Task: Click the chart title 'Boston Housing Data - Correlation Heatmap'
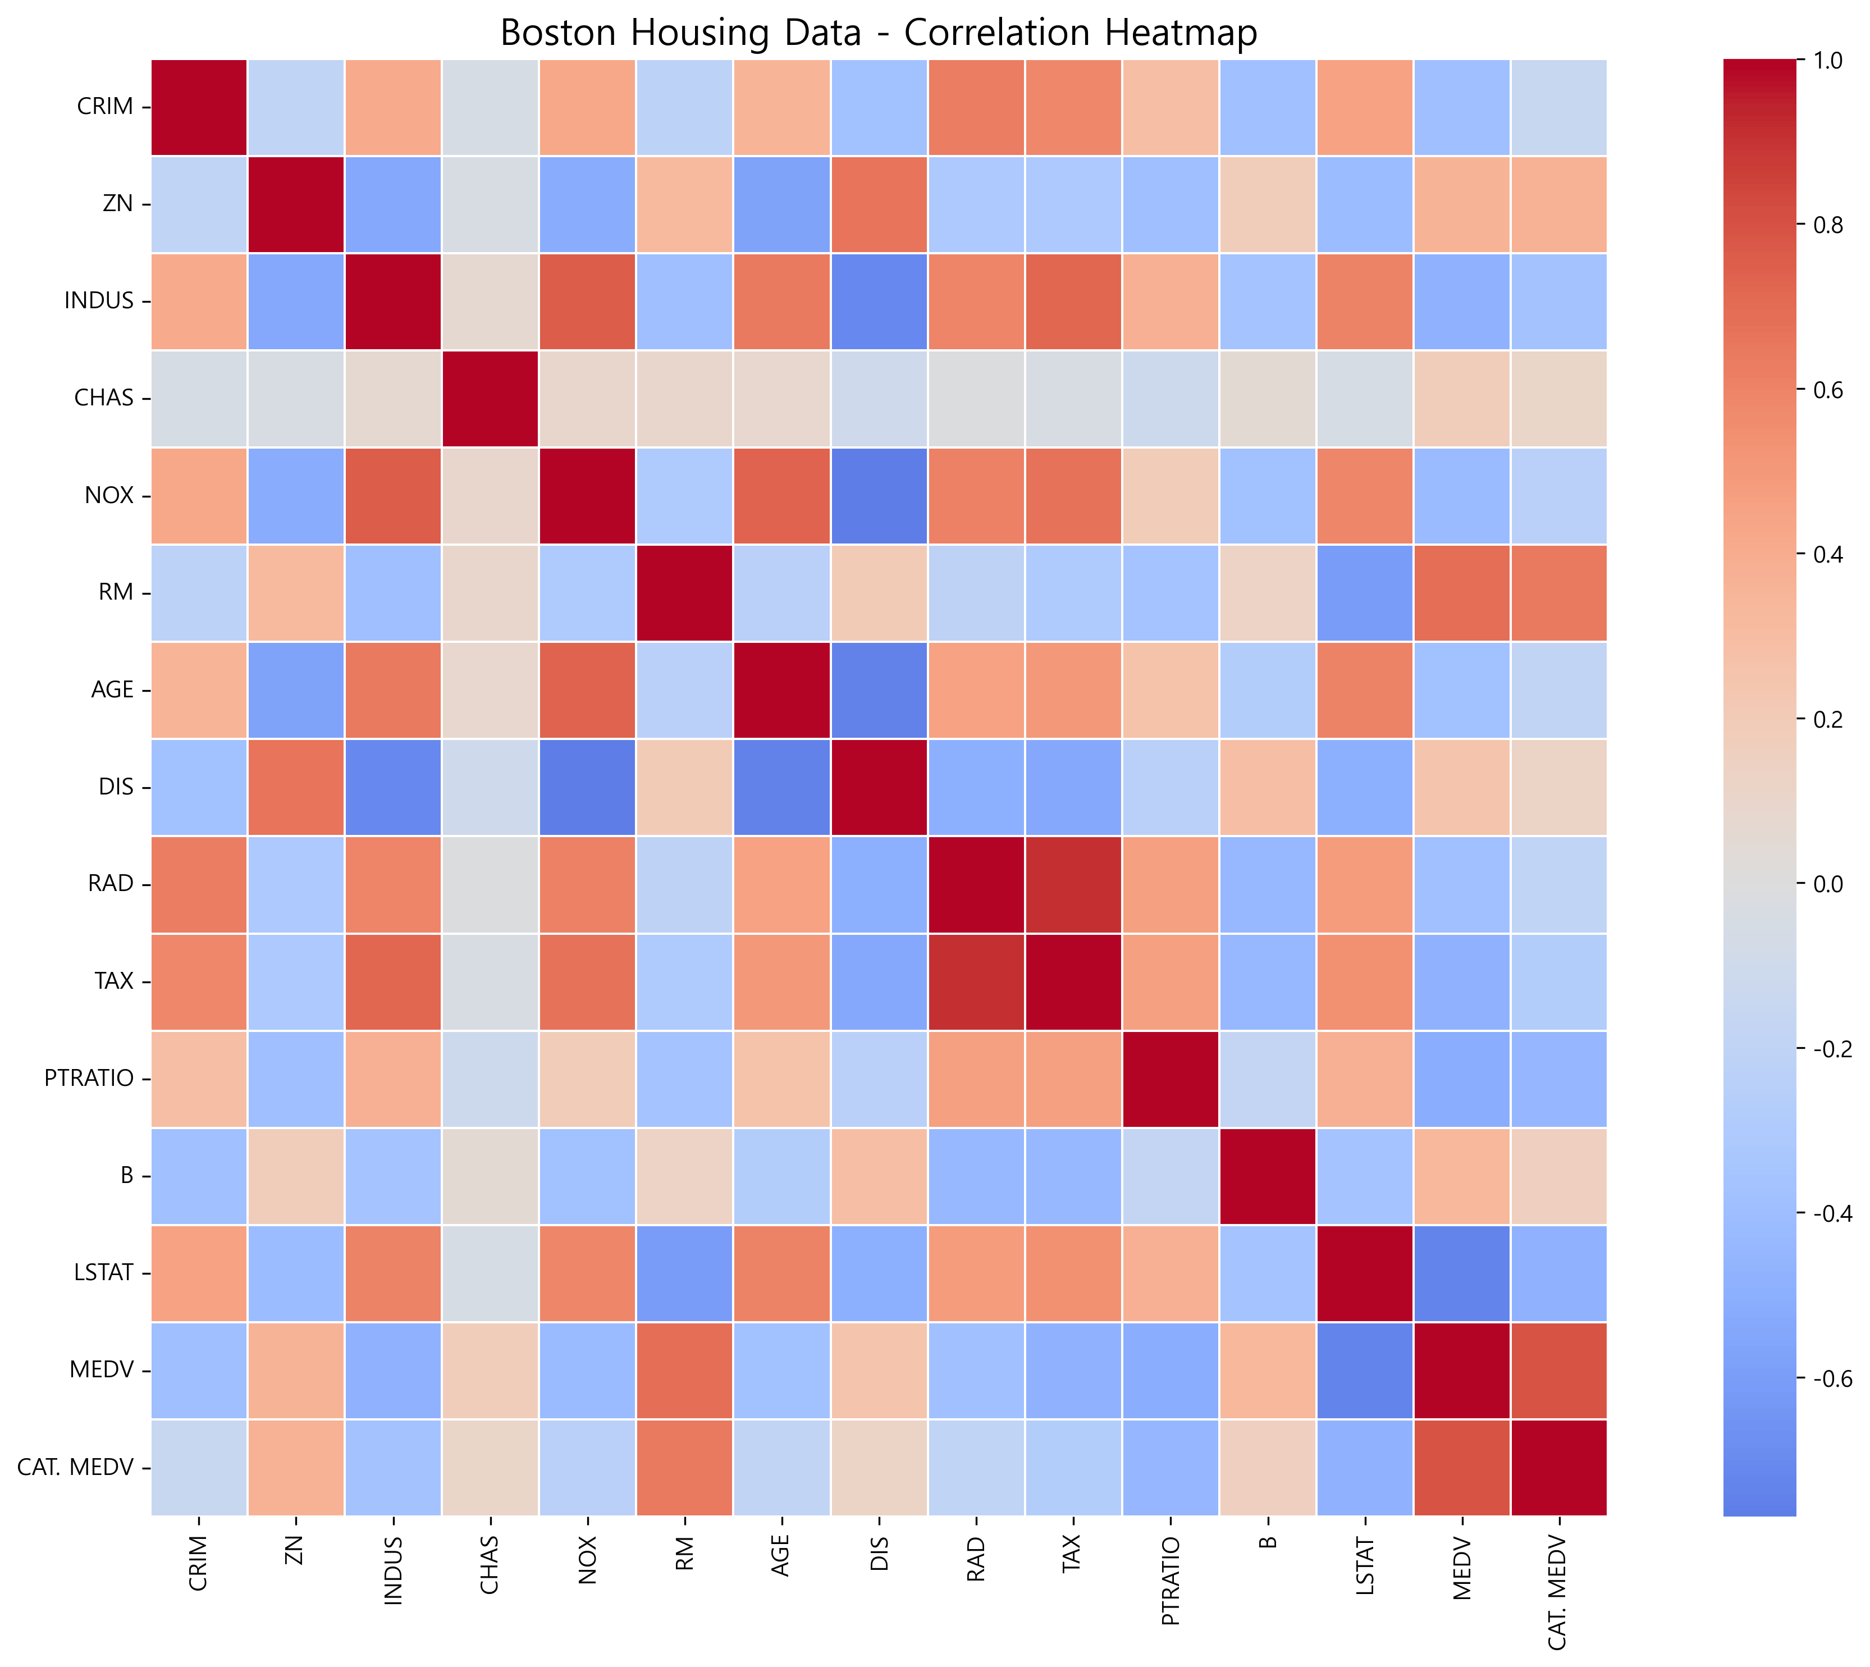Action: pyautogui.click(x=878, y=33)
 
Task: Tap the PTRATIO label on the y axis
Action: pyautogui.click(x=89, y=1078)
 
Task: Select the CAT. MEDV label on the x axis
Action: pyautogui.click(x=1558, y=1593)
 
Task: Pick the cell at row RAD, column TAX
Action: pyautogui.click(x=1072, y=884)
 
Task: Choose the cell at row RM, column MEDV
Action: pyautogui.click(x=1461, y=592)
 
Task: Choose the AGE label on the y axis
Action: pyautogui.click(x=113, y=689)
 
